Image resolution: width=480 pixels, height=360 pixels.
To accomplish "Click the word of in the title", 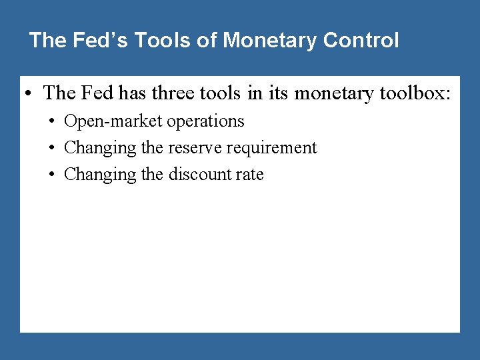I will pos(207,41).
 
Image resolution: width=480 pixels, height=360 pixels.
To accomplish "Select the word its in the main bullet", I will pos(277,94).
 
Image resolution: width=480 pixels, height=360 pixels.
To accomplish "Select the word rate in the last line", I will pos(251,175).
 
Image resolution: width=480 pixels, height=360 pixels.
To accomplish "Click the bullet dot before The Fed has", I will pos(31,94).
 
